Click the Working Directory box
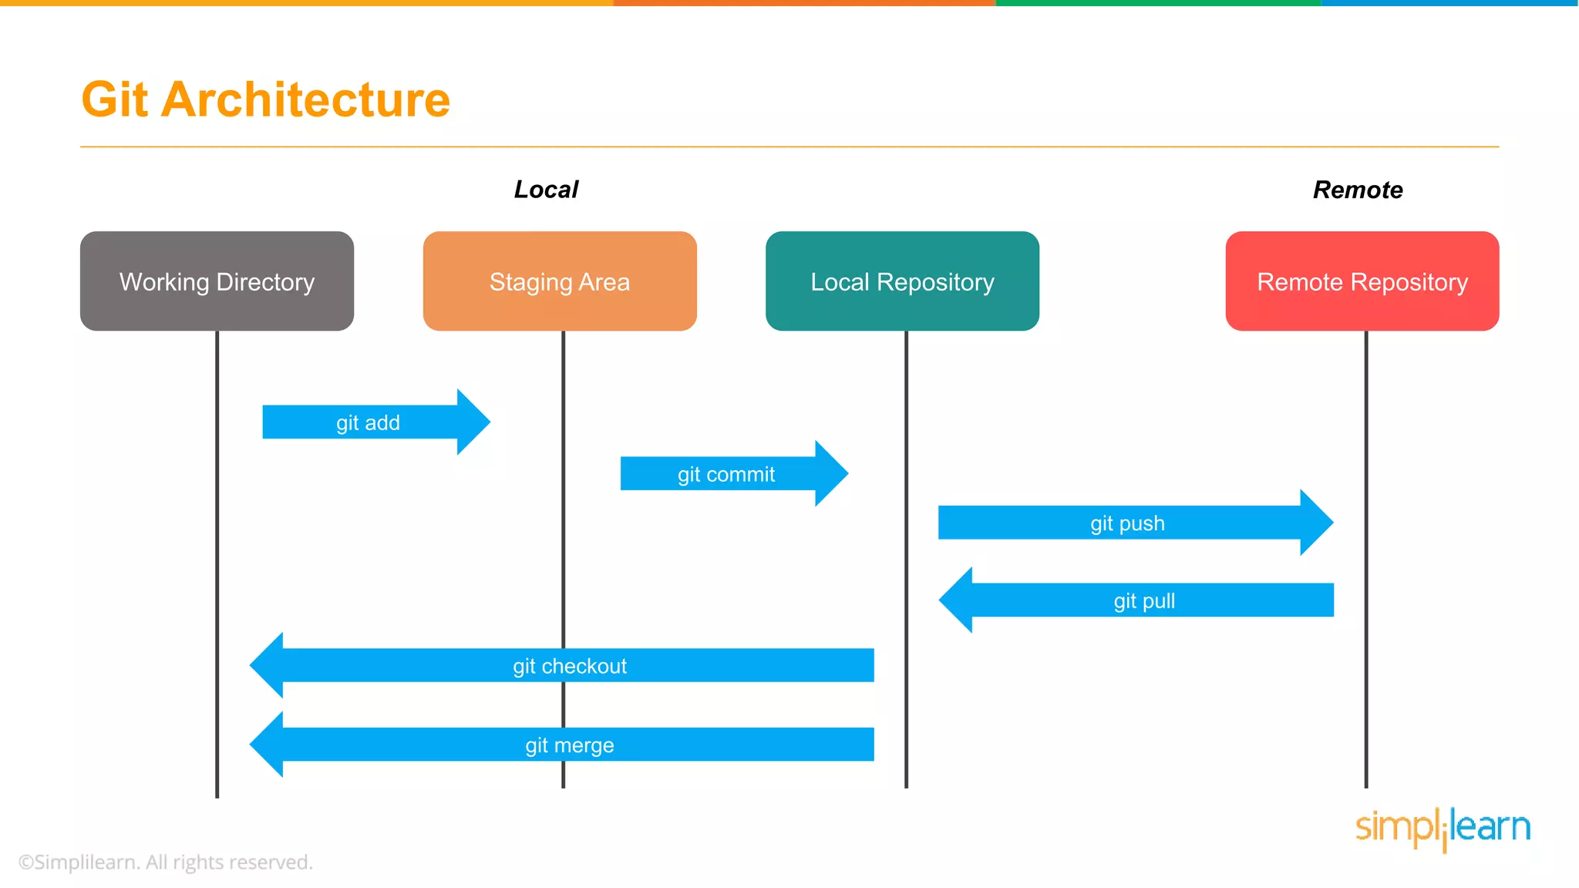[x=217, y=281]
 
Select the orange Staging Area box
[x=560, y=281]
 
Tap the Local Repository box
[x=902, y=281]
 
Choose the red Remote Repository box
[x=1362, y=281]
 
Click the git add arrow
[x=369, y=422]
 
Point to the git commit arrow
[x=726, y=474]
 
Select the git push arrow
[x=1127, y=523]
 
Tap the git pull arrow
[x=1144, y=600]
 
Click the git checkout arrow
[x=570, y=665]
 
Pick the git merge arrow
[x=570, y=745]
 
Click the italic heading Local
[x=546, y=190]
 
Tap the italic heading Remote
[x=1358, y=190]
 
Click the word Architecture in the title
[x=305, y=99]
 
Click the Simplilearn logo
[x=1443, y=828]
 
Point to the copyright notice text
[x=166, y=862]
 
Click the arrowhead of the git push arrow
[x=1316, y=523]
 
